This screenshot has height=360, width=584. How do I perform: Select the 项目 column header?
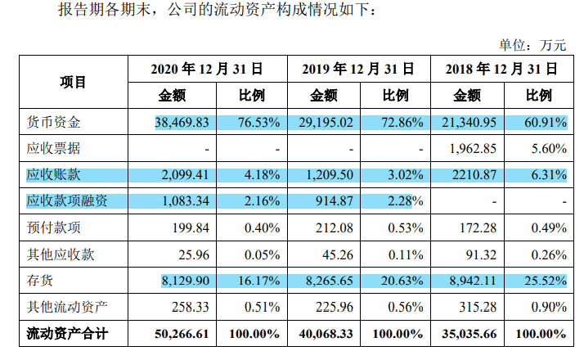click(x=73, y=82)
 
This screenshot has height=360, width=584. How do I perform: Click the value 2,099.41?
click(x=187, y=175)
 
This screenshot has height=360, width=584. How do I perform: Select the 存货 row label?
click(x=39, y=281)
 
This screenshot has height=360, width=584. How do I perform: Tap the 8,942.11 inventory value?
click(x=470, y=281)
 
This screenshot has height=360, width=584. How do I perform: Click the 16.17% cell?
click(x=259, y=281)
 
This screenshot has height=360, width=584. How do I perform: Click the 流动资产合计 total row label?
click(x=67, y=334)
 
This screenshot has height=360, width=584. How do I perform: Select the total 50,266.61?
click(x=182, y=334)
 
